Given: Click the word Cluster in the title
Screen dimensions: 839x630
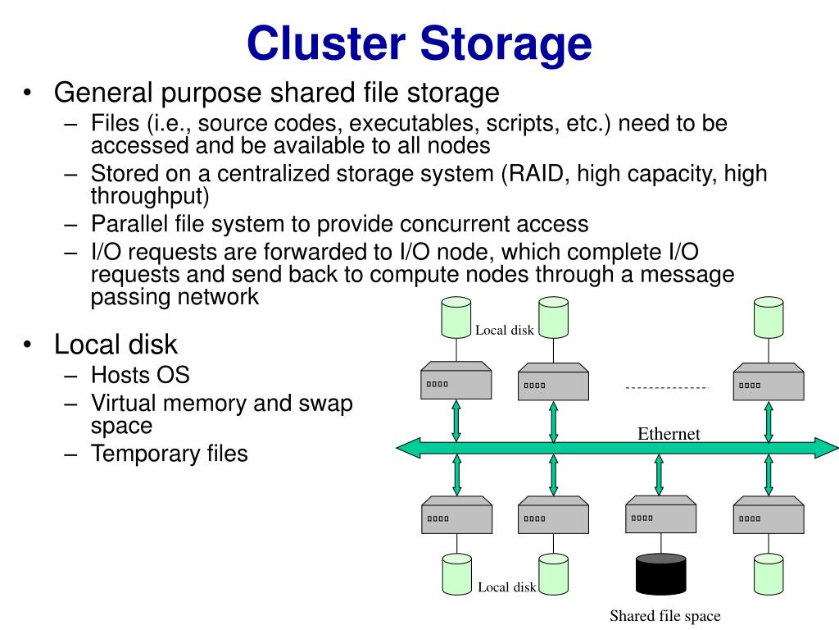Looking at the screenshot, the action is tap(326, 43).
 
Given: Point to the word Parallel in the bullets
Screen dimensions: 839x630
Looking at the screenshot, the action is tap(129, 224).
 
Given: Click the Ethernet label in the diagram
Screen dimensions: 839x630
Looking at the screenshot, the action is tap(669, 433).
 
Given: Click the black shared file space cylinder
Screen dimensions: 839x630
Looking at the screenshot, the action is tap(661, 574).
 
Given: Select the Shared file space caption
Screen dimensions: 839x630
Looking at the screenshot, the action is tap(665, 616).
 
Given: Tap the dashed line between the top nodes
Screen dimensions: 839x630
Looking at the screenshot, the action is tap(667, 387).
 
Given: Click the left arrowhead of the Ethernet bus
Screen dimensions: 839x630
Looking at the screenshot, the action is tap(409, 448).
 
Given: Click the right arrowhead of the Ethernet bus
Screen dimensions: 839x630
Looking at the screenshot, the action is tap(826, 448).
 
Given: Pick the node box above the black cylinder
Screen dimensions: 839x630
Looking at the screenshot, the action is tap(661, 514).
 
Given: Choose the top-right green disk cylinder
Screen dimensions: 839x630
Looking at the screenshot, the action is tap(769, 317).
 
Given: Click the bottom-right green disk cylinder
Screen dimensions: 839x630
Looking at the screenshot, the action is tap(769, 574).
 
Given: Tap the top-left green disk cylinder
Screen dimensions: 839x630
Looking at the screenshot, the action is tap(456, 317).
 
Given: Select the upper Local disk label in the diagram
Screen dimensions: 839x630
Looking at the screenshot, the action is tap(505, 330).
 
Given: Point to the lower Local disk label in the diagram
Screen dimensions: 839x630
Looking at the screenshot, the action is tap(506, 587).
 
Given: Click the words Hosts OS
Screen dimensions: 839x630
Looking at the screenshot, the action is tap(140, 375).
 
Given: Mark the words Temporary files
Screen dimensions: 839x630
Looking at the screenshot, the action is tap(169, 454).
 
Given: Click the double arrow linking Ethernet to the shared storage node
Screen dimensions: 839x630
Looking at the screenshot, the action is tap(660, 475).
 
